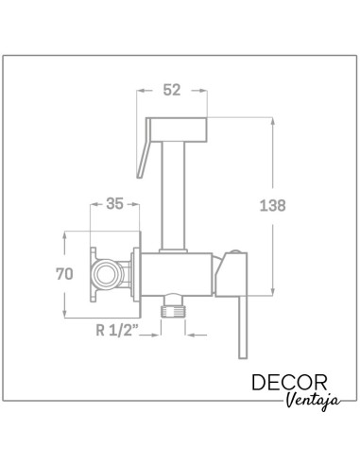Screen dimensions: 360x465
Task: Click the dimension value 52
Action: (172, 90)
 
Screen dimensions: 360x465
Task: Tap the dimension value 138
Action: (272, 205)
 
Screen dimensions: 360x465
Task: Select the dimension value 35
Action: (114, 203)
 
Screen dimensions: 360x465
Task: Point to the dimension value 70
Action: (64, 274)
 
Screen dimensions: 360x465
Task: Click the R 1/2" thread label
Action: (117, 330)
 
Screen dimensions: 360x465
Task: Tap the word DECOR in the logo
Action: (289, 383)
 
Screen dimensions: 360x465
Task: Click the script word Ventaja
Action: (314, 401)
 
